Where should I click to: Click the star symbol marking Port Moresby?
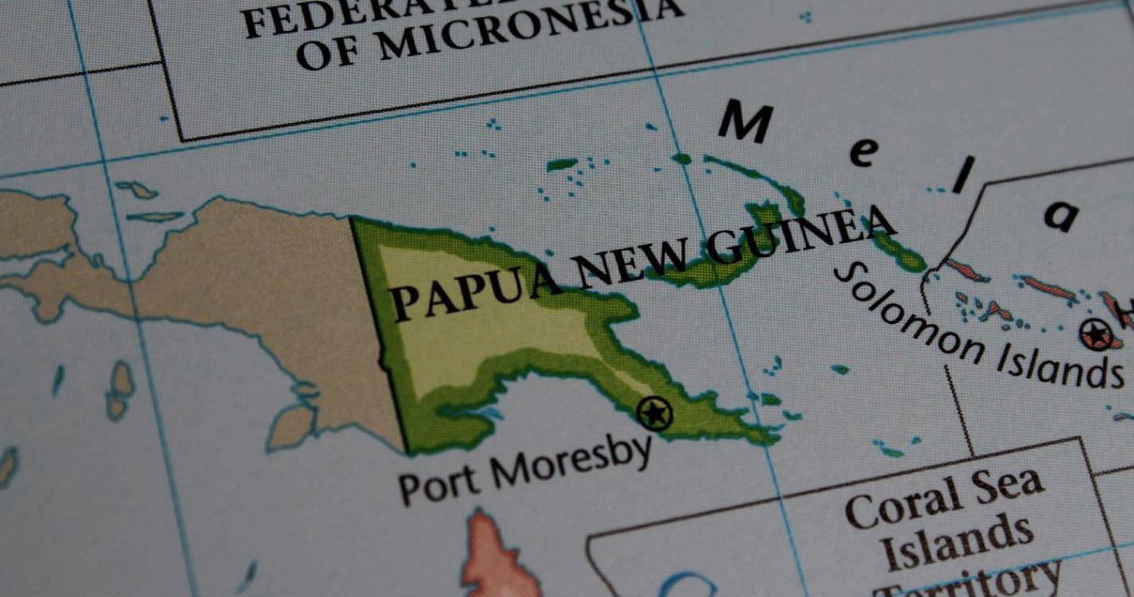click(x=655, y=414)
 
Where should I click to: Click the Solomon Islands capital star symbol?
click(x=1097, y=334)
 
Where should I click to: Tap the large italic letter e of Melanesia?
click(x=863, y=151)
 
